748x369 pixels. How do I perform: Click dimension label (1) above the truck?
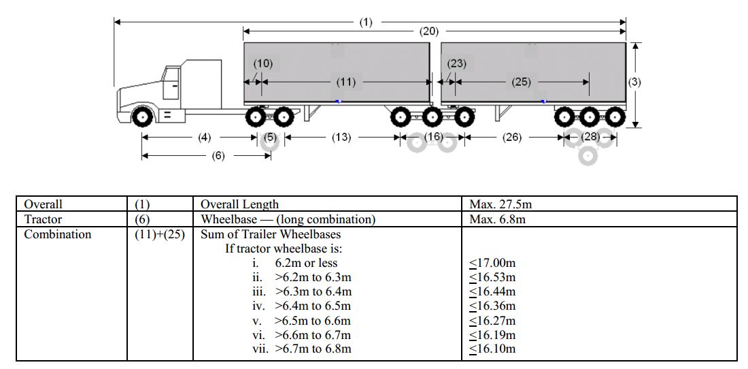pyautogui.click(x=366, y=22)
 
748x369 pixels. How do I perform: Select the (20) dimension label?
pyautogui.click(x=429, y=31)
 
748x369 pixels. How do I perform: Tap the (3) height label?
pyautogui.click(x=634, y=82)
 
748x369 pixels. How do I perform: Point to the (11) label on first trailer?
pyautogui.click(x=346, y=82)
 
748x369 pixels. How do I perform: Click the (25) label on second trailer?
pyautogui.click(x=521, y=82)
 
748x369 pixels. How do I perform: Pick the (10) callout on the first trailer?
pyautogui.click(x=262, y=63)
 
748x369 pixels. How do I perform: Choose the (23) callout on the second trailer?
pyautogui.click(x=456, y=63)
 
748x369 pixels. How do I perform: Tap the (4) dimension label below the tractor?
pyautogui.click(x=205, y=137)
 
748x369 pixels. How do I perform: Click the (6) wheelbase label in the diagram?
pyautogui.click(x=218, y=155)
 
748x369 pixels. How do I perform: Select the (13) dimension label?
pyautogui.click(x=341, y=137)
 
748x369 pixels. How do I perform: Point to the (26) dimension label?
pyautogui.click(x=511, y=137)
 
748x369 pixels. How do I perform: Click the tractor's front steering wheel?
pyautogui.click(x=142, y=116)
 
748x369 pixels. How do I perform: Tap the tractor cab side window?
pyautogui.click(x=173, y=80)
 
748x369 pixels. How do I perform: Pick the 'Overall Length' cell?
pyautogui.click(x=240, y=204)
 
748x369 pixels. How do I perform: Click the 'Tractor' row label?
pyautogui.click(x=43, y=219)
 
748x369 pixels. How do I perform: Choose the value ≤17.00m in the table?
pyautogui.click(x=492, y=263)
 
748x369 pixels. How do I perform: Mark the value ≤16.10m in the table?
pyautogui.click(x=492, y=349)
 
